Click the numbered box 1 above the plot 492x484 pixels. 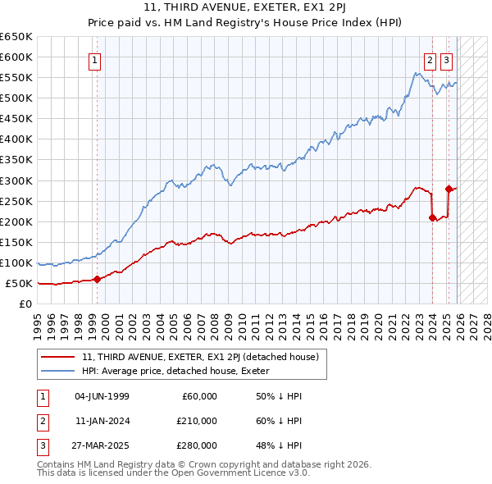click(95, 60)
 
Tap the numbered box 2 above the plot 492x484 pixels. click(430, 60)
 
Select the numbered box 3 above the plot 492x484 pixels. click(446, 60)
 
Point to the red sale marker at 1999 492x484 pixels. click(97, 279)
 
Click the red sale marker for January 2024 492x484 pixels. click(432, 217)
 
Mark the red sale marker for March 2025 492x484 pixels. click(449, 189)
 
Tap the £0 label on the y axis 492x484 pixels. click(26, 304)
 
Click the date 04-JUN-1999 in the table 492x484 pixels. click(102, 396)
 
